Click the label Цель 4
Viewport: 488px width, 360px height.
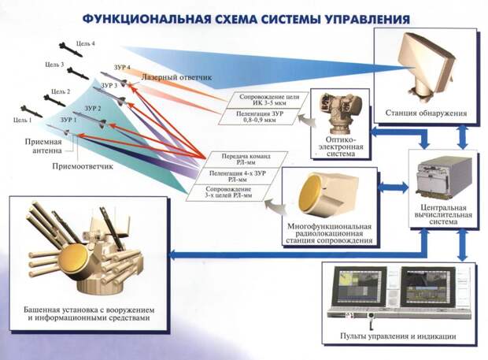tap(85, 43)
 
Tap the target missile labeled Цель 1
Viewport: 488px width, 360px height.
tap(31, 112)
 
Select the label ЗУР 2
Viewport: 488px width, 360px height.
tap(93, 109)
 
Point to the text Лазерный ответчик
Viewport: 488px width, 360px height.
tap(177, 77)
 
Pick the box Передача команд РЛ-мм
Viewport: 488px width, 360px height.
tap(246, 159)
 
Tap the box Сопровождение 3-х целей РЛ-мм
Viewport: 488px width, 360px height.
tap(228, 192)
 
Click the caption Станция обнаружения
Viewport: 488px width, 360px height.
tap(426, 113)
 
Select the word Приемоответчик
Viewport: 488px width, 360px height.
tap(83, 166)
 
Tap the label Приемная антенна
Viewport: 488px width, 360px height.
tap(43, 146)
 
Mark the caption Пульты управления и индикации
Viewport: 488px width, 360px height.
tap(397, 336)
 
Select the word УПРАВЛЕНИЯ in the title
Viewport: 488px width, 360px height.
tap(368, 20)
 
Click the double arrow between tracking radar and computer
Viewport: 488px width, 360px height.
tap(393, 187)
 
